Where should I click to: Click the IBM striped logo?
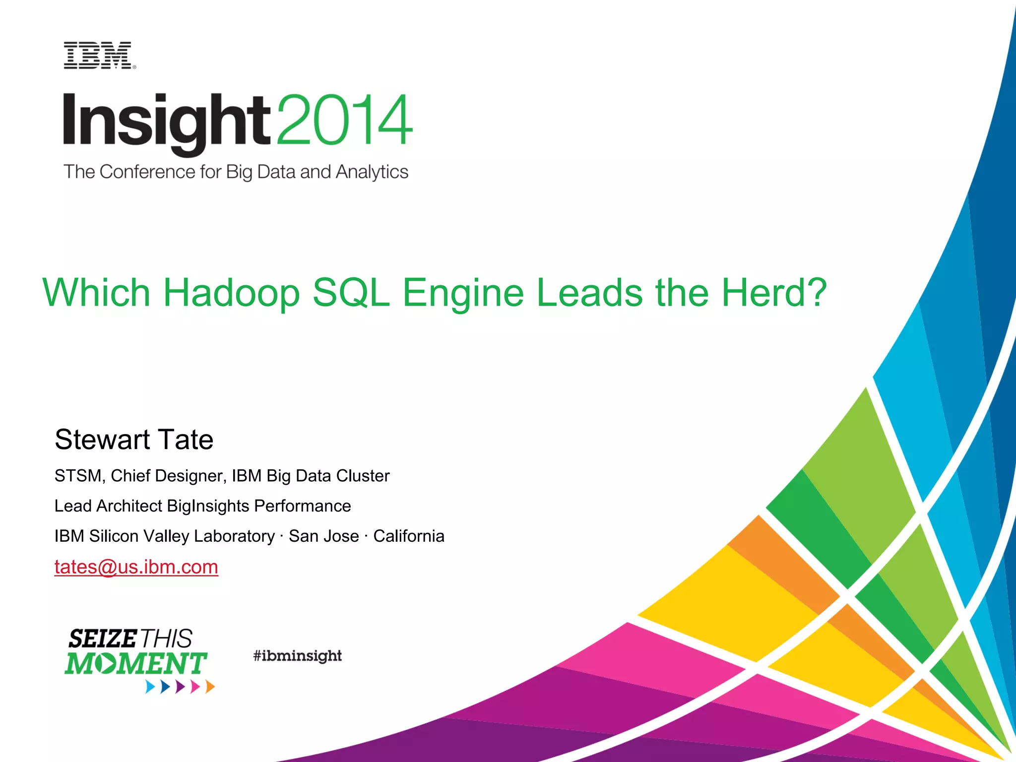coord(99,56)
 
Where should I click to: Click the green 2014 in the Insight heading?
coord(344,120)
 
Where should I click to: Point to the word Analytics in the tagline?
coord(372,172)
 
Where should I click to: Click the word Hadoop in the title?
coord(231,293)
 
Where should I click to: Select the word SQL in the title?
coord(351,293)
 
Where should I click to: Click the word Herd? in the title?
coord(773,293)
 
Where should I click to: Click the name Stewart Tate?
coord(134,440)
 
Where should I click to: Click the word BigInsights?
coord(208,506)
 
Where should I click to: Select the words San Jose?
coord(323,536)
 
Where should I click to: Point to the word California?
coord(408,536)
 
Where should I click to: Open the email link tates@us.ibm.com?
coord(136,567)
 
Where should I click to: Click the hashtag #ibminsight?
coord(297,656)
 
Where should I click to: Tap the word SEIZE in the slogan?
coord(102,639)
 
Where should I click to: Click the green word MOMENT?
coord(135,664)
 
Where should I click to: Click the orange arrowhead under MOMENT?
coord(210,687)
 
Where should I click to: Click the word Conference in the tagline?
coord(147,172)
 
